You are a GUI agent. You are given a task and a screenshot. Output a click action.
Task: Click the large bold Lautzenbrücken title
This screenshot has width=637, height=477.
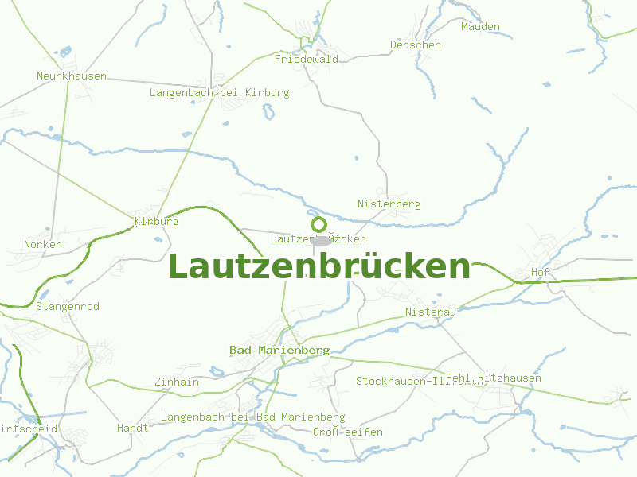(319, 266)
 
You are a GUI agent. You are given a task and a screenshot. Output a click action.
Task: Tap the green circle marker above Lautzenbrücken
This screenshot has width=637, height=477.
(318, 224)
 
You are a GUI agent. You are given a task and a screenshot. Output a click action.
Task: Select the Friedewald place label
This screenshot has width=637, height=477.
(307, 59)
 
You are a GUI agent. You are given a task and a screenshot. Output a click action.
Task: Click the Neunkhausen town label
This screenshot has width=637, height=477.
(72, 76)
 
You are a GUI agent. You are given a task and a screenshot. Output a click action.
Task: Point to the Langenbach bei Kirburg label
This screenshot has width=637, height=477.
(220, 92)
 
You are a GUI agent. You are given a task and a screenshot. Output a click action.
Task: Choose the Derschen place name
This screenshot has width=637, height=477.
(416, 45)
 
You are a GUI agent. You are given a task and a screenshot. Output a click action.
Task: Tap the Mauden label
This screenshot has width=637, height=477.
(480, 26)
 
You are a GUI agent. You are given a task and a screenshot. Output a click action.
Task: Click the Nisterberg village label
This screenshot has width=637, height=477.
(389, 204)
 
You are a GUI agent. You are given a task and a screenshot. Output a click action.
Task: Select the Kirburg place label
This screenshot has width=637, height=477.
(157, 221)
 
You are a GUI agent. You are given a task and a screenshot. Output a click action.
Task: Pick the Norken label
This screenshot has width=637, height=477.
(43, 244)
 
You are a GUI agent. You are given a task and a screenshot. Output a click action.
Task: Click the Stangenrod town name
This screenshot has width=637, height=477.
(68, 306)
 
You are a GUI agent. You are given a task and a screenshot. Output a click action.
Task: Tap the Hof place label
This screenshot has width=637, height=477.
(541, 272)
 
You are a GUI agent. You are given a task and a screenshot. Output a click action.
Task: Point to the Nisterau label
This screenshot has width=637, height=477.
(430, 312)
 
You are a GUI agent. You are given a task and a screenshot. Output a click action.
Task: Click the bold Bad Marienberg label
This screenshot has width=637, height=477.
(279, 350)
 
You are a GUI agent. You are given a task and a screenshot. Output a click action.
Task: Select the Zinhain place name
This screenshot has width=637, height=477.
(177, 382)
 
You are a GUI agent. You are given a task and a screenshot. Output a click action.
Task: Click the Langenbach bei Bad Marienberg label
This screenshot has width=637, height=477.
(253, 417)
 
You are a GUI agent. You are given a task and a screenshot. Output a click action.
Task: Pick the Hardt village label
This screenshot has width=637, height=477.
(133, 428)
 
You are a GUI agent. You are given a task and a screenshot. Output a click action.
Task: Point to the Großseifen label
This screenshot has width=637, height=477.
(348, 432)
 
